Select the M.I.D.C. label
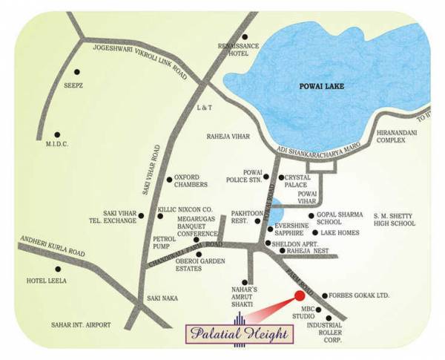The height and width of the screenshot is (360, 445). (56, 144)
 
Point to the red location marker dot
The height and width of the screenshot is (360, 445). (300, 296)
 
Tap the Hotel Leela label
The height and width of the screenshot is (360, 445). (47, 281)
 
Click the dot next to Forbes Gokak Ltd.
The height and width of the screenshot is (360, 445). (323, 295)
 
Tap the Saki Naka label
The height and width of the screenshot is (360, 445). (161, 298)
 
